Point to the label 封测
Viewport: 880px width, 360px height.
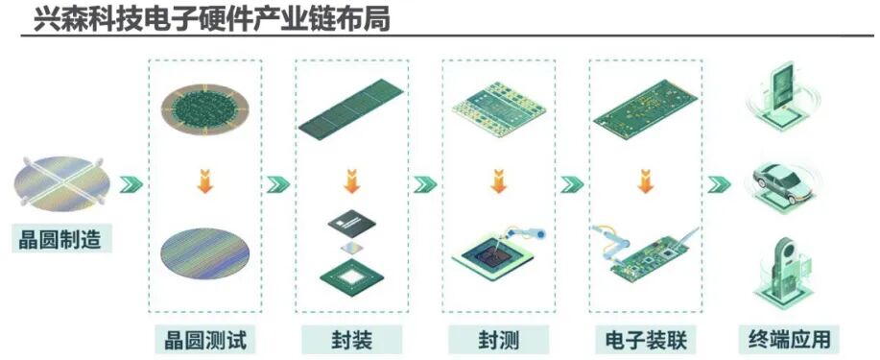point(497,339)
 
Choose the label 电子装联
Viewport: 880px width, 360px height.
point(644,339)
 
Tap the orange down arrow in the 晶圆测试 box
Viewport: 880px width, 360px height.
point(203,181)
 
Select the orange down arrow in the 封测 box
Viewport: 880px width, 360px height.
point(497,181)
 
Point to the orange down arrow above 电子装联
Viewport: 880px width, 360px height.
point(644,181)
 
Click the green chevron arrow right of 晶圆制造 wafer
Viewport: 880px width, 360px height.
point(131,183)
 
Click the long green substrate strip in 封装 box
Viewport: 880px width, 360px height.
point(350,109)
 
